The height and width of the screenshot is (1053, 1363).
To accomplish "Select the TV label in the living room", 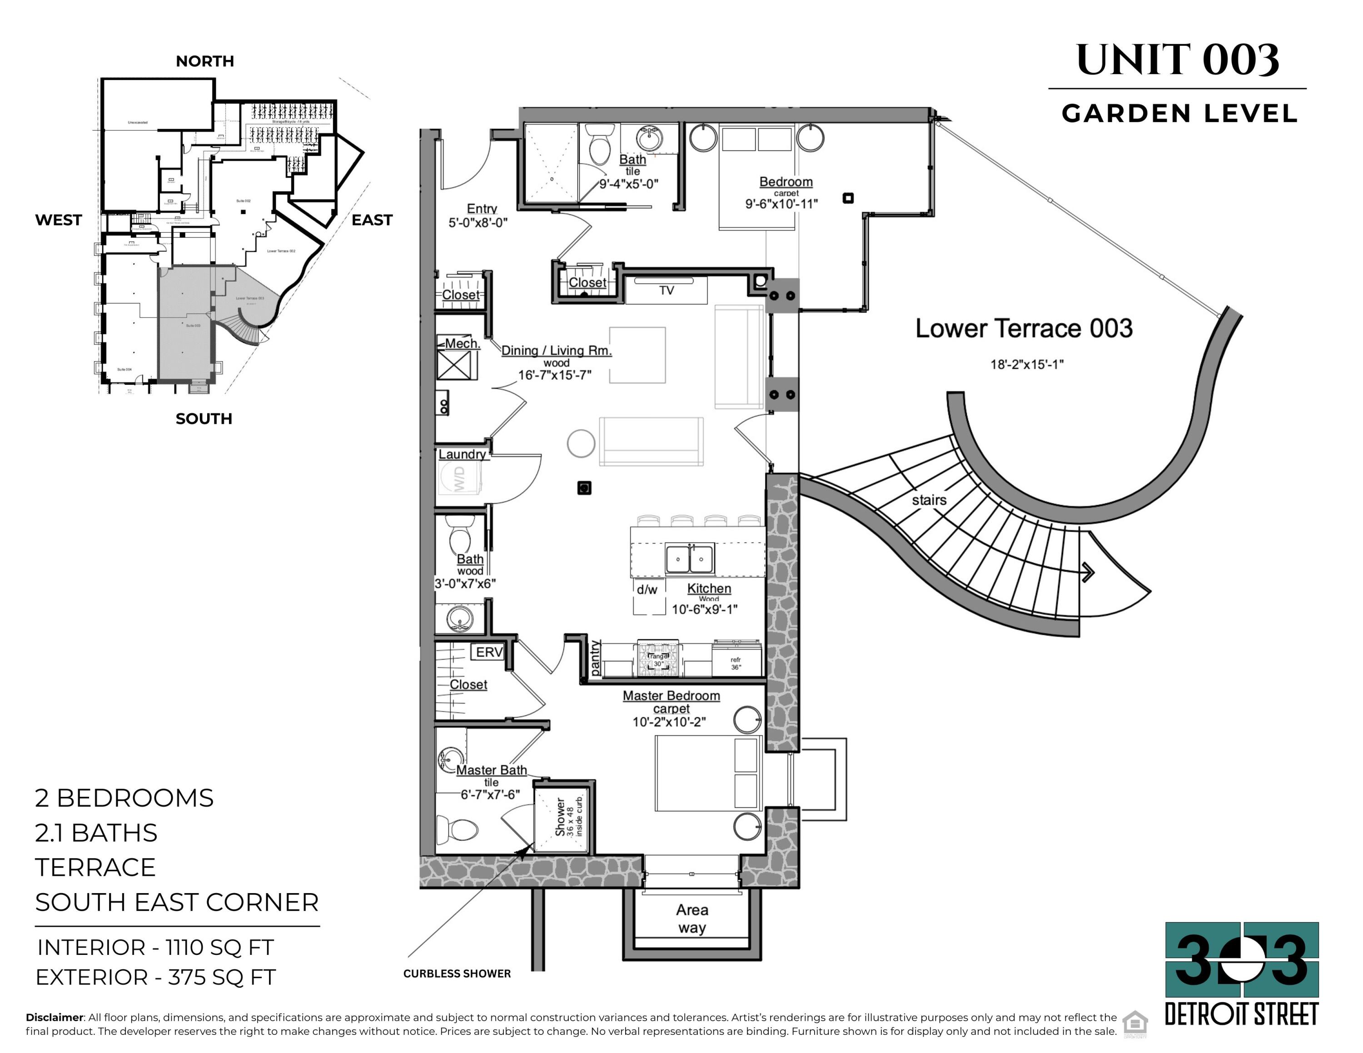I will coord(667,291).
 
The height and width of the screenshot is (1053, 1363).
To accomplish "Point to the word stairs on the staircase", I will coord(929,500).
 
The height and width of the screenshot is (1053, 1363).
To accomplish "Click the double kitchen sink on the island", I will coord(690,558).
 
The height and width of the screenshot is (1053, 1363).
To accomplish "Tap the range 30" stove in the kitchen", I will coord(658,659).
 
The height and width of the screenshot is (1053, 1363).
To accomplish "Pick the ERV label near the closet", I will coord(489,652).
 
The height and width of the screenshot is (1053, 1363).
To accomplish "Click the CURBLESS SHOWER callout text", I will coord(457,974).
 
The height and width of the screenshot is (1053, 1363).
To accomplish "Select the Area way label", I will coord(692,919).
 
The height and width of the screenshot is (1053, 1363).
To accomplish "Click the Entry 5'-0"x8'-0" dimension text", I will coord(478,223).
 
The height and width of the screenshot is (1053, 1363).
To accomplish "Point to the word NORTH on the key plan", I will coord(205,61).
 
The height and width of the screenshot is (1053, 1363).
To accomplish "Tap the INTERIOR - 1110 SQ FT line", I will coord(155,948).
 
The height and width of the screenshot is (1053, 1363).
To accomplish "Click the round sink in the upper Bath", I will coord(650,139).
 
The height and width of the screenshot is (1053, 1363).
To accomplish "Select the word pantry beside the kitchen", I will coord(595,658).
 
